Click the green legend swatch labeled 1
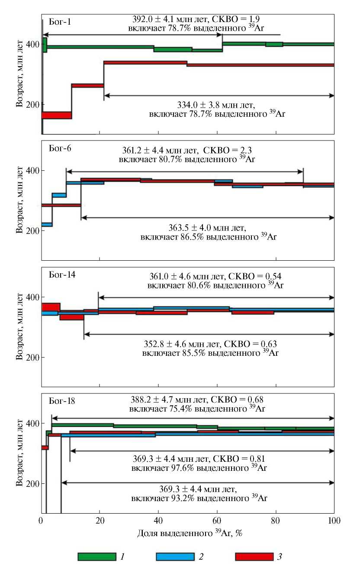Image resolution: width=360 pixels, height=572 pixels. tap(96, 556)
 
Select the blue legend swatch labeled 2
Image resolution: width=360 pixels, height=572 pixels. tap(174, 556)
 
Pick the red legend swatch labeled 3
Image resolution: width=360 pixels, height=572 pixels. tap(254, 556)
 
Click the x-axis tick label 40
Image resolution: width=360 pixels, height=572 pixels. tap(158, 521)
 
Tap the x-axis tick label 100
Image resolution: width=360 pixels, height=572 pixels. tap(334, 521)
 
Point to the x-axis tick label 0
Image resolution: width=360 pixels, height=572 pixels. tap(42, 521)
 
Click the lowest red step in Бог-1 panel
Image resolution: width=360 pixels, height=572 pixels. tap(56, 115)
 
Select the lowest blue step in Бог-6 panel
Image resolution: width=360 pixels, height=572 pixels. tap(47, 224)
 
